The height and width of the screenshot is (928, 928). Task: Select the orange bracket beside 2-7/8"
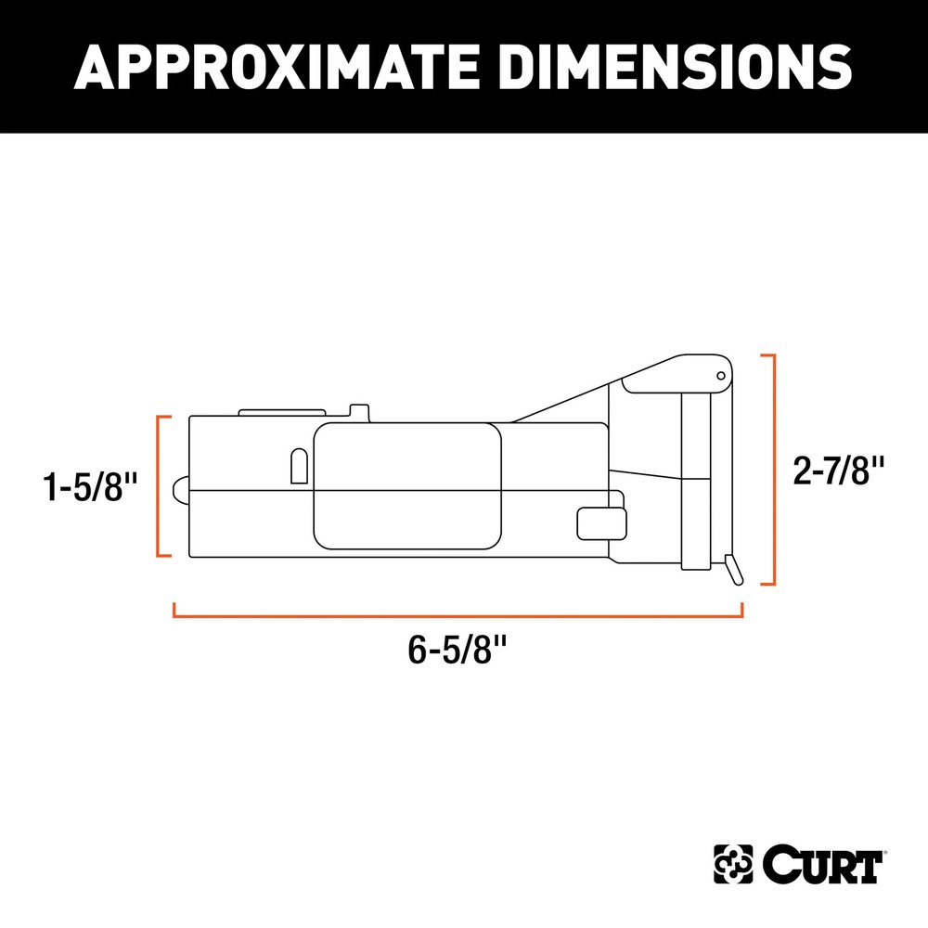pyautogui.click(x=768, y=470)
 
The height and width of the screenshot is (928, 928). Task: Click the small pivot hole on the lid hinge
pyautogui.click(x=720, y=375)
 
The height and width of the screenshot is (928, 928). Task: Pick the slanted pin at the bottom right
pyautogui.click(x=734, y=569)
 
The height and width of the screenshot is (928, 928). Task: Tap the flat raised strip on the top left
pyautogui.click(x=282, y=411)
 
